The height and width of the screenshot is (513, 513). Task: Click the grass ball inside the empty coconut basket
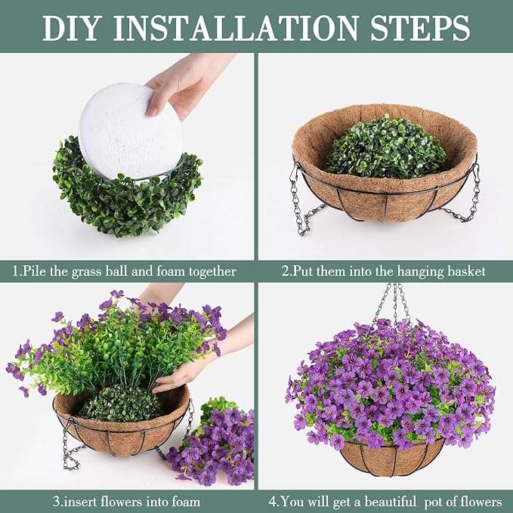(x=385, y=147)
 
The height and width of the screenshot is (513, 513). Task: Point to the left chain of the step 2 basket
(x=300, y=200)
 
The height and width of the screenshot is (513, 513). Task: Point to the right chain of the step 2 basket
(x=472, y=193)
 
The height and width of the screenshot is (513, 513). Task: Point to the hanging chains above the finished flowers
(x=393, y=302)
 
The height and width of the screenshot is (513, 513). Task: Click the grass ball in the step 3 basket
(x=120, y=404)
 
